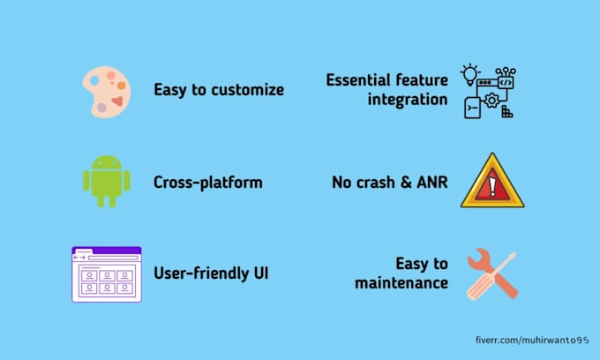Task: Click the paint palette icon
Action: [x=106, y=92]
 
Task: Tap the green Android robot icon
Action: [x=106, y=179]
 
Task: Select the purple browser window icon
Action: [x=106, y=274]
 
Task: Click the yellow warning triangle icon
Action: [x=491, y=181]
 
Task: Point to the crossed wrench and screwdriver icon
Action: [x=491, y=274]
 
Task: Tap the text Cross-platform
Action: [x=207, y=184]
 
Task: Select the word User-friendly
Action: [x=199, y=274]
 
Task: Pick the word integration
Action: [x=409, y=100]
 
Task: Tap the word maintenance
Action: [x=401, y=283]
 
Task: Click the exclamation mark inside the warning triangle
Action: [x=491, y=185]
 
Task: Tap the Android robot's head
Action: [x=106, y=163]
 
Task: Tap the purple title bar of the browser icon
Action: [x=106, y=251]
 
